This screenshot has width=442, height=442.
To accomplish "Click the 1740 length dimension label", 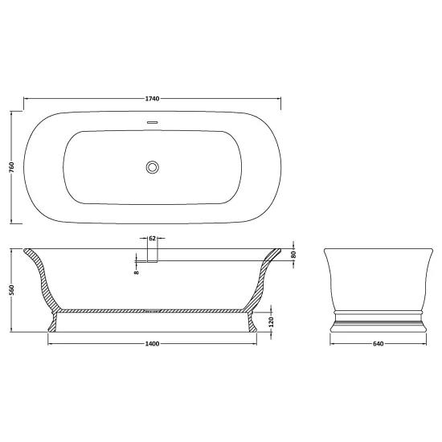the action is (152, 98).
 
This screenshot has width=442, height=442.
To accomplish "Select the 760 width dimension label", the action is (11, 167).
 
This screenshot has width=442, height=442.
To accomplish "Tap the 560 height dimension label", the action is (11, 290).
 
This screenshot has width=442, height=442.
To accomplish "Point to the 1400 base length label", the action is (152, 344).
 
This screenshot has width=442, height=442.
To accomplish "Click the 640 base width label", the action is (379, 344).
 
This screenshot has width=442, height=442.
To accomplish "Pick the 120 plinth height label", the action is (272, 322).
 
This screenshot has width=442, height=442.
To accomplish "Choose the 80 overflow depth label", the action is (293, 255).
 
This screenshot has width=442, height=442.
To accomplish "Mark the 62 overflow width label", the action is (152, 239).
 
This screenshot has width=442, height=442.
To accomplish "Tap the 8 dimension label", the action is (137, 272).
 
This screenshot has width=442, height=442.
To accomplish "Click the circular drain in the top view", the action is (153, 167).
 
